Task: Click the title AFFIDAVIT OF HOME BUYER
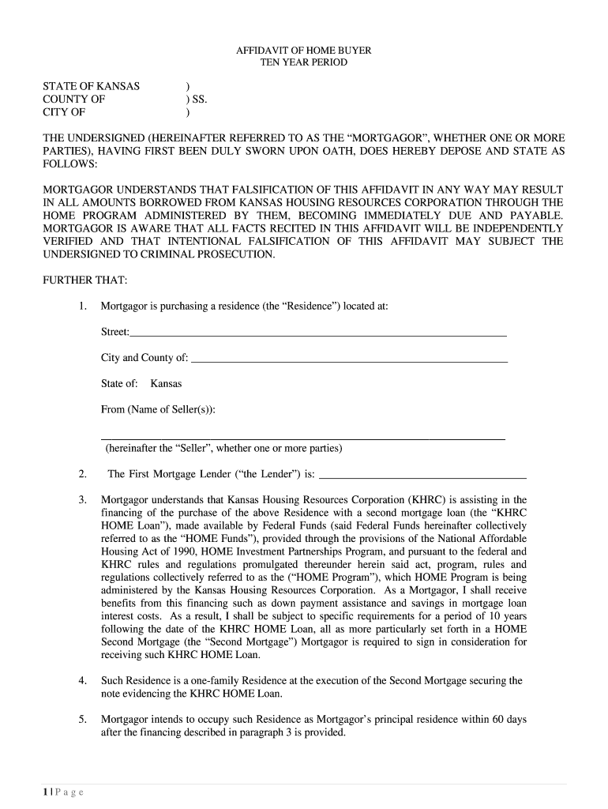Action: (x=304, y=50)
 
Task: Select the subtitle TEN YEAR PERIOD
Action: (x=304, y=62)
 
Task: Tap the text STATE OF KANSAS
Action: (x=91, y=86)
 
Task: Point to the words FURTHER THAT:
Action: (x=79, y=280)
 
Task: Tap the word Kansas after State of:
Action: (x=166, y=383)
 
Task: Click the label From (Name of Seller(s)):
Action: (x=158, y=409)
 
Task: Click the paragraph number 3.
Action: (x=82, y=500)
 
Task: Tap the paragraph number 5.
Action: (x=82, y=720)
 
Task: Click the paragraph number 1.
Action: (x=82, y=306)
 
